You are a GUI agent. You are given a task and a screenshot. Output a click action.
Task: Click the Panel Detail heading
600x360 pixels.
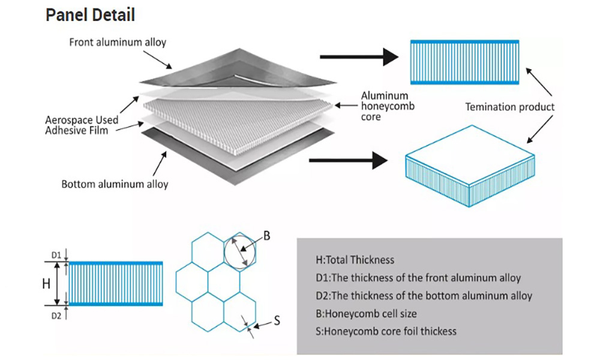(x=90, y=15)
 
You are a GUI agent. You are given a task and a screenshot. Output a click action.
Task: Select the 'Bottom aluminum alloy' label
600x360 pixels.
(x=115, y=184)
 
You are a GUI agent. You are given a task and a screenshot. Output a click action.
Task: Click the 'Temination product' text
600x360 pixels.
(x=510, y=107)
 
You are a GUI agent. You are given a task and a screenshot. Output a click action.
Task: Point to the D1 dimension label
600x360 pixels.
(x=56, y=256)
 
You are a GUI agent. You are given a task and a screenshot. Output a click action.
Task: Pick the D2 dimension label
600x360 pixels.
(x=56, y=314)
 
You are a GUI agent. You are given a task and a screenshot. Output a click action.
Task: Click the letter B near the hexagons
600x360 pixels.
(x=267, y=236)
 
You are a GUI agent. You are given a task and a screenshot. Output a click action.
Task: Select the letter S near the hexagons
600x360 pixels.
(x=277, y=320)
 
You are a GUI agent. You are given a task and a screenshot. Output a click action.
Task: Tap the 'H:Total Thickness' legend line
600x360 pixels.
(x=355, y=260)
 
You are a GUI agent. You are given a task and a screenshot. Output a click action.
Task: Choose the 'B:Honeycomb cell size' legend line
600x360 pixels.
(x=365, y=313)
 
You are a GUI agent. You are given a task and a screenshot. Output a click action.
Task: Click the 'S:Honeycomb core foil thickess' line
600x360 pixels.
(x=386, y=331)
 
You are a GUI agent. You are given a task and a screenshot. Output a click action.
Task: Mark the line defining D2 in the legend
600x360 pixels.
(x=424, y=295)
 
